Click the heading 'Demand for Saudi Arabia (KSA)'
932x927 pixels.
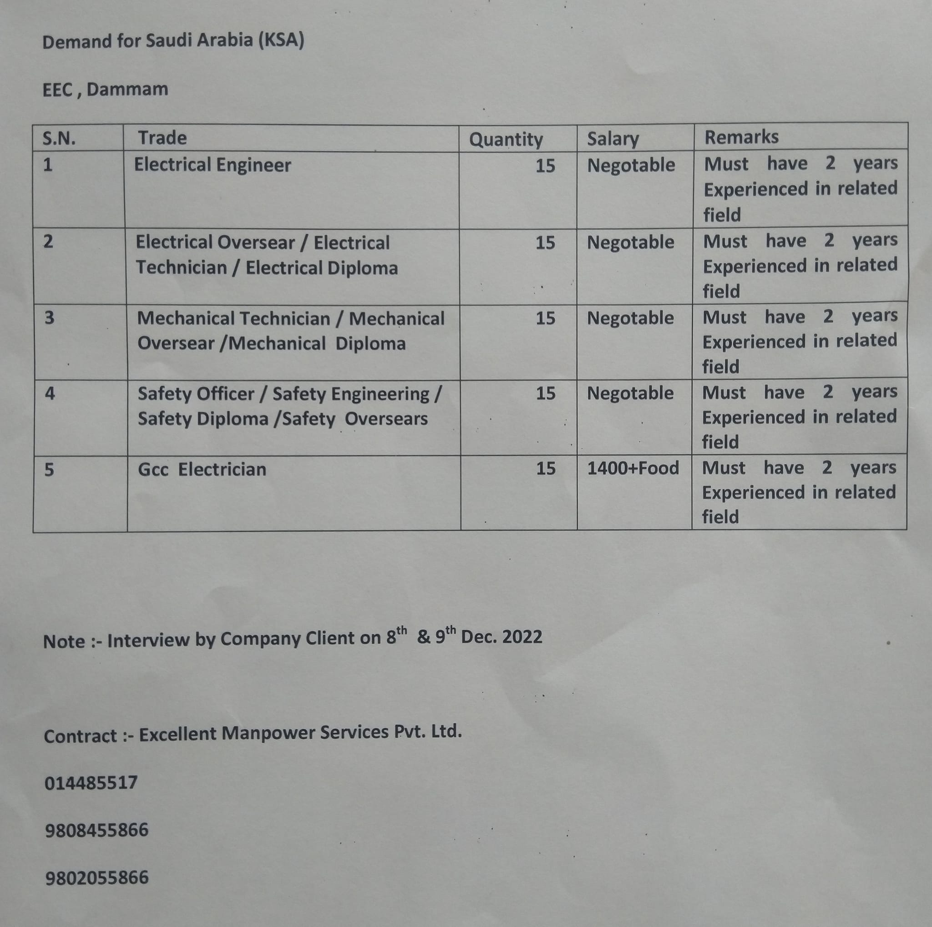click(173, 41)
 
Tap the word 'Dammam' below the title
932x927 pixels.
click(127, 90)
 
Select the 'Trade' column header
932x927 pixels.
click(162, 138)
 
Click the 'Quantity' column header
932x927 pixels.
click(506, 140)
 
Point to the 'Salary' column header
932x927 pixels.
click(613, 139)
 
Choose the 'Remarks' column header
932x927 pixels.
click(741, 137)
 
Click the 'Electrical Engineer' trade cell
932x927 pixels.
click(212, 165)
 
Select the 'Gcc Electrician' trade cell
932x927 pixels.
click(202, 469)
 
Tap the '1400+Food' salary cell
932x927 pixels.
click(633, 468)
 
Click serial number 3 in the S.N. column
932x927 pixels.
click(49, 318)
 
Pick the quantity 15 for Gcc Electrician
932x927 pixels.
click(546, 469)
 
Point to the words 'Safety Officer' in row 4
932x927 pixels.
click(196, 394)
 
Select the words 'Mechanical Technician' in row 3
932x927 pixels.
click(233, 319)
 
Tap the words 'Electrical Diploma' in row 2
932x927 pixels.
click(322, 268)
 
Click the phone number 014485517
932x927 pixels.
click(91, 783)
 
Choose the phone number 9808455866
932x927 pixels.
click(96, 830)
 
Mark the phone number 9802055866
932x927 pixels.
click(96, 877)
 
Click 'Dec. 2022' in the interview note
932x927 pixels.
click(501, 637)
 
